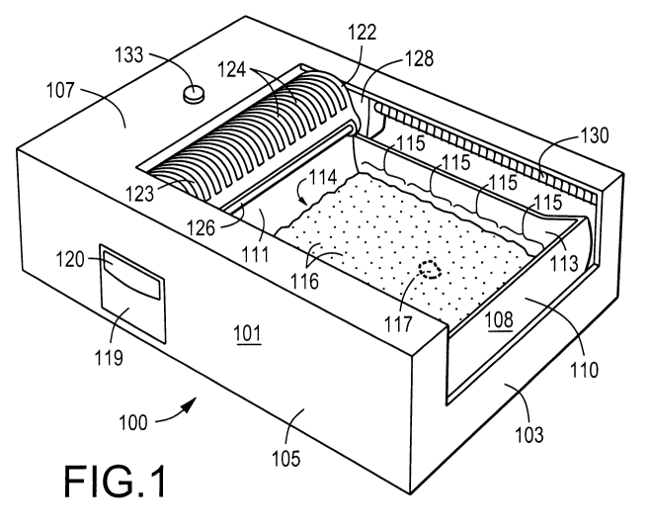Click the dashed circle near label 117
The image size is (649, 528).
pos(431,269)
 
